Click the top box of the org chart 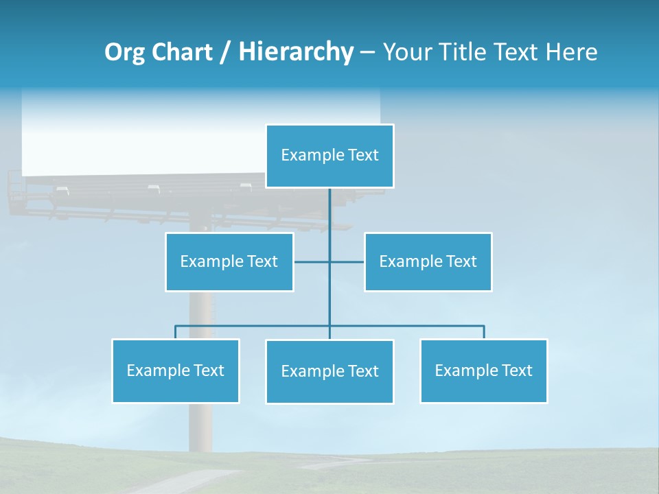pyautogui.click(x=329, y=156)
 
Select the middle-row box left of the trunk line pyautogui.click(x=229, y=262)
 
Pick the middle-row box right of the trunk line pyautogui.click(x=428, y=262)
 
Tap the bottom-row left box pyautogui.click(x=176, y=371)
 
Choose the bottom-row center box pyautogui.click(x=329, y=372)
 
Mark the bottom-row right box pyautogui.click(x=483, y=371)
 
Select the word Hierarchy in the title pyautogui.click(x=295, y=52)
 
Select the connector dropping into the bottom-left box pyautogui.click(x=176, y=332)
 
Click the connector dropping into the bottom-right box pyautogui.click(x=483, y=332)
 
